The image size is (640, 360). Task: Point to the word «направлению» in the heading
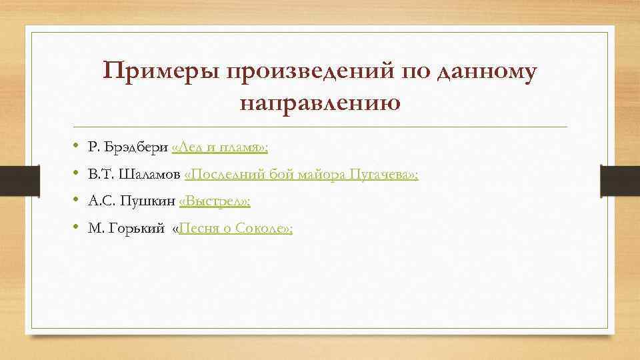tap(319, 103)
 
